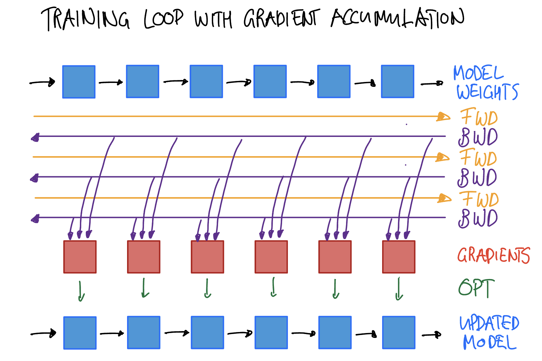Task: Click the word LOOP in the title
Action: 163,19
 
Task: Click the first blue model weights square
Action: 79,82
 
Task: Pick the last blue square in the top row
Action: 397,81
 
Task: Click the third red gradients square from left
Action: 207,257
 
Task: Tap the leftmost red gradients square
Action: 80,257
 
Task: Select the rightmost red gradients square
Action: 399,257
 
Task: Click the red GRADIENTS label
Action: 494,255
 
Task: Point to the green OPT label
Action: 476,288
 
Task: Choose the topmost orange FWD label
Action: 479,117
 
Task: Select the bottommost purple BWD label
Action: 478,218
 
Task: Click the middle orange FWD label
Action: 478,157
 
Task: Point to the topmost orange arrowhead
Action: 443,117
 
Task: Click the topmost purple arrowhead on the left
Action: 35,138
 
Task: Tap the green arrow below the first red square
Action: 81,291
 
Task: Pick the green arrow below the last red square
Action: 399,289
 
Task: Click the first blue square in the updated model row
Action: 80,333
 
